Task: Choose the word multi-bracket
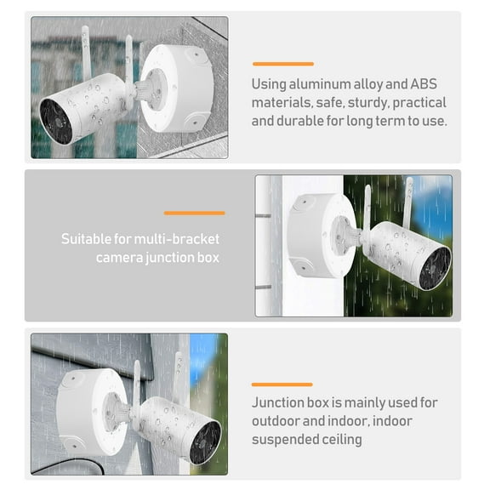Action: coord(178,239)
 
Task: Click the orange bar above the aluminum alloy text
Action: coord(282,64)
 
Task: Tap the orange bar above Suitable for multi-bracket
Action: coord(194,213)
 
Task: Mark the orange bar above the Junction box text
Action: coord(282,385)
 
